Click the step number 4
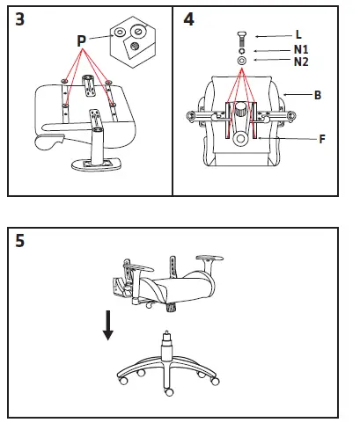[189, 20]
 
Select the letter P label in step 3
[82, 40]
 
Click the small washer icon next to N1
[241, 51]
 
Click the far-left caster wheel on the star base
[121, 379]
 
